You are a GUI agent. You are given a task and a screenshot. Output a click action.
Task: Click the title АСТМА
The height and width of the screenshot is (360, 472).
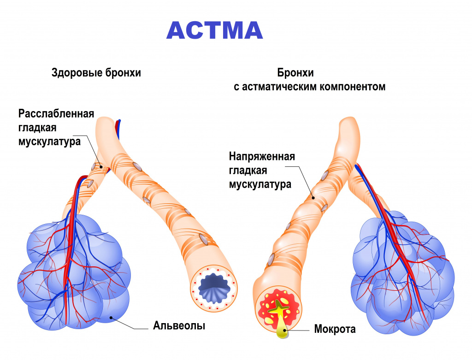click(214, 30)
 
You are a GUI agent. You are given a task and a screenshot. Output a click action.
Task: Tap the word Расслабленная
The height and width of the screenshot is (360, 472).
click(56, 114)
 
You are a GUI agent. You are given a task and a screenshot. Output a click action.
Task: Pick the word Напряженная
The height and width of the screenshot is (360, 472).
click(262, 157)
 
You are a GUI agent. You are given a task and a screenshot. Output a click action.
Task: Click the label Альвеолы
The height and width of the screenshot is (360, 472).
click(179, 326)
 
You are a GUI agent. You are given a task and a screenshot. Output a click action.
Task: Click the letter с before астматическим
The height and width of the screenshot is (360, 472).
click(236, 87)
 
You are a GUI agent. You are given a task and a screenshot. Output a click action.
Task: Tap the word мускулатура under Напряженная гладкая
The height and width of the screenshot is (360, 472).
click(260, 184)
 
